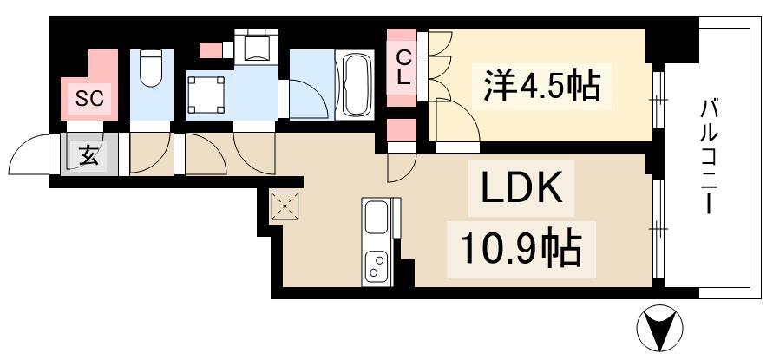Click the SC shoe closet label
tap(88, 100)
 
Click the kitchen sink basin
tap(377, 217)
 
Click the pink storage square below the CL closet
tap(402, 131)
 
